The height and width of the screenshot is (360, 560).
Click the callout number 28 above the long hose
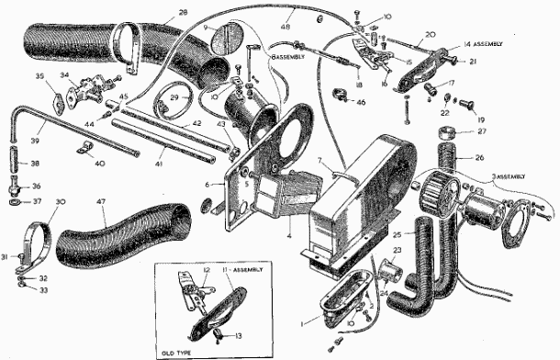[182, 12]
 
